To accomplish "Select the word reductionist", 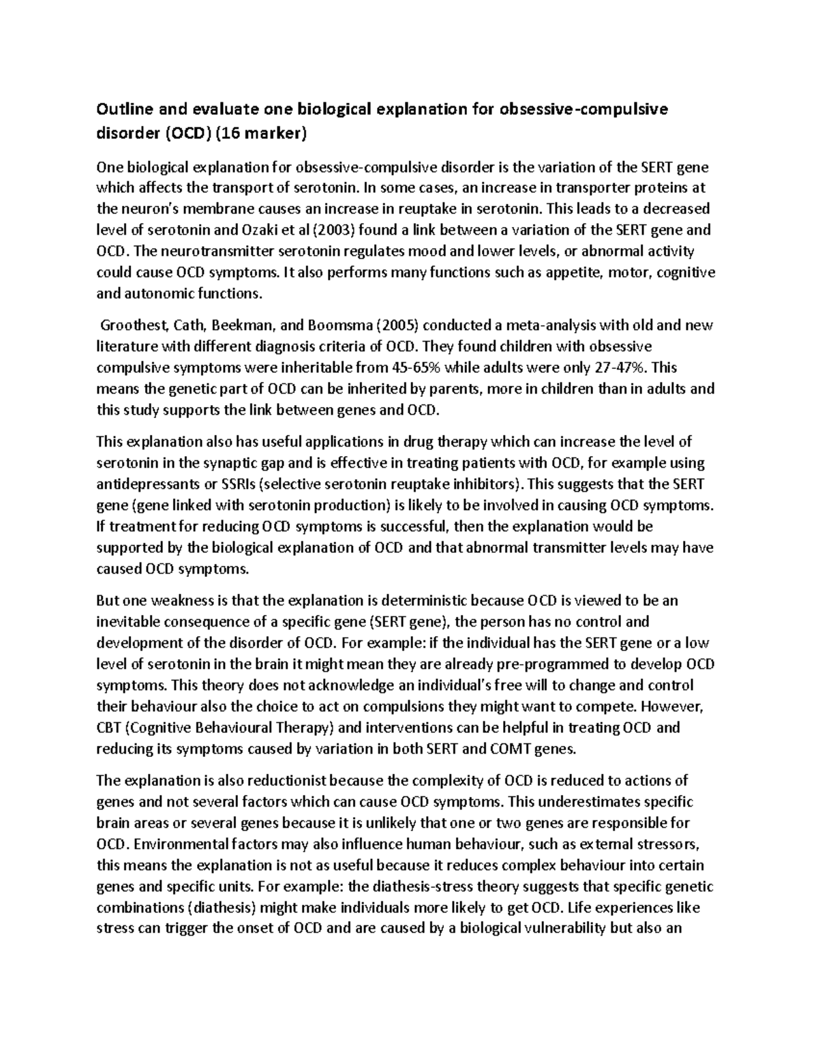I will pos(288,780).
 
